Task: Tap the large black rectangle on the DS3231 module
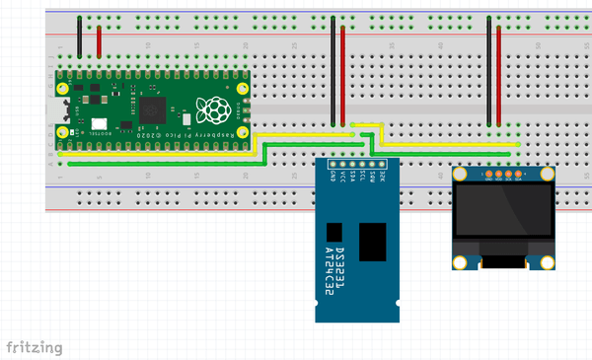[x=373, y=242]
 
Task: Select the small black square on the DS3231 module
[x=334, y=233]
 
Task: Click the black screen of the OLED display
[x=503, y=212]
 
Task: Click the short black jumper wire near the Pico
[x=80, y=36]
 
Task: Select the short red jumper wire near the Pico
[x=99, y=40]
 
